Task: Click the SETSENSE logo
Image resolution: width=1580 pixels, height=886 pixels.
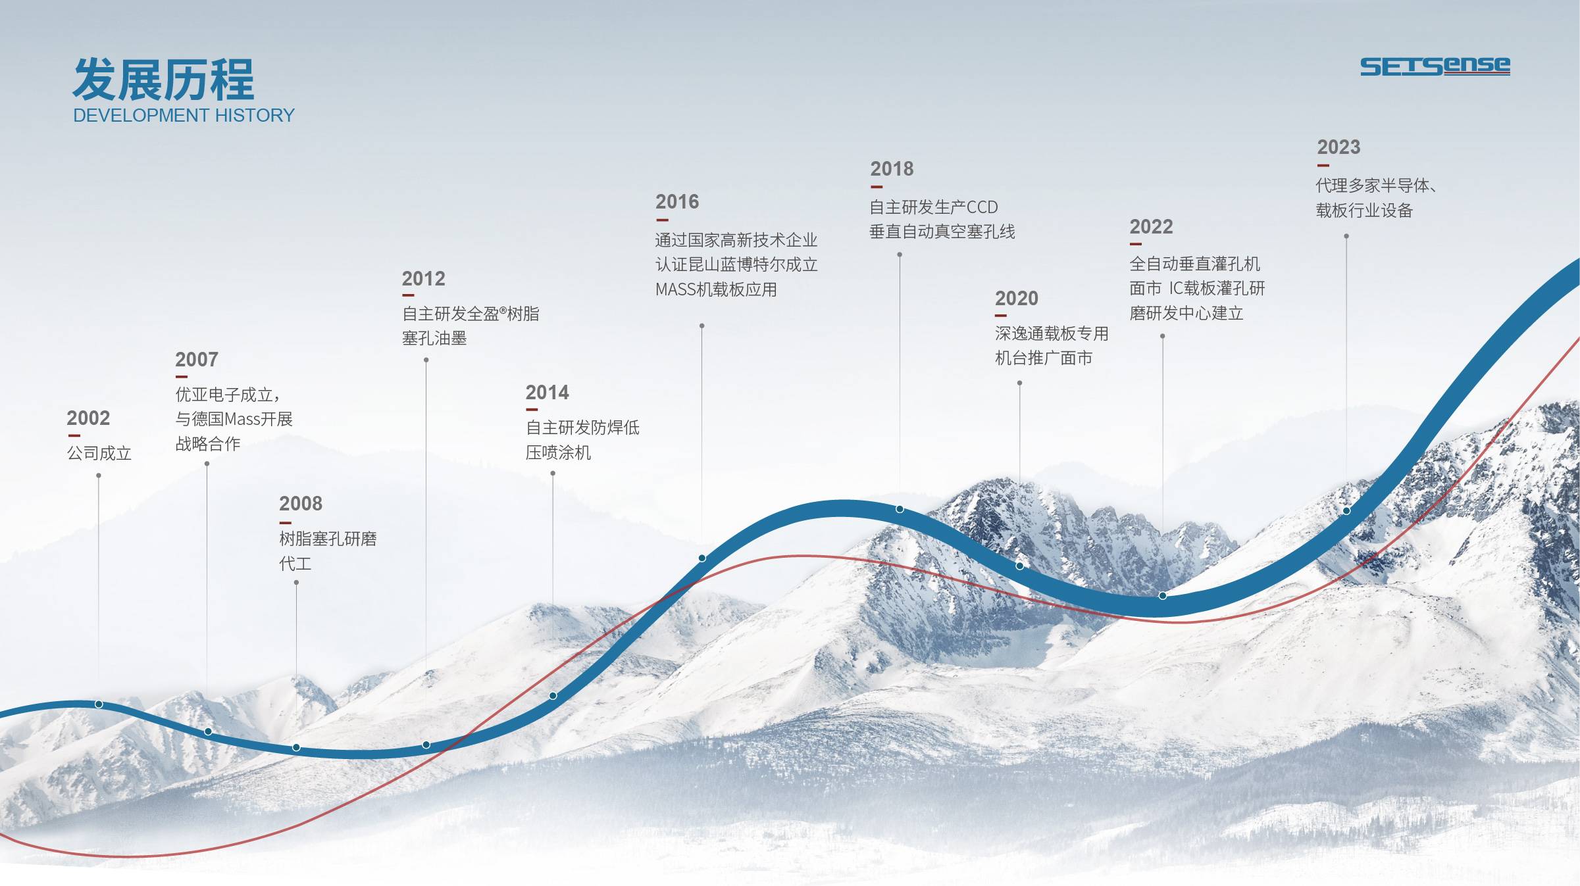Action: coord(1435,66)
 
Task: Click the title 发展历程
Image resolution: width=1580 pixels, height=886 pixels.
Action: coord(163,80)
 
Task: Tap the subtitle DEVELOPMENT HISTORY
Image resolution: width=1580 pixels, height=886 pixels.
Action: coord(184,116)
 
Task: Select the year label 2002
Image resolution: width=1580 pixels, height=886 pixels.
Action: coord(88,418)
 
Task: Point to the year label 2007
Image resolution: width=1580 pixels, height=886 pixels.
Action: coord(196,360)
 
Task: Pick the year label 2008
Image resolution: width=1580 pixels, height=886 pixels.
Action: coord(301,504)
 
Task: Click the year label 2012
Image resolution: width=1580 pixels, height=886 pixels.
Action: coord(423,279)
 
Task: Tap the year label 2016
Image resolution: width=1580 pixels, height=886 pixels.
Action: coord(677,202)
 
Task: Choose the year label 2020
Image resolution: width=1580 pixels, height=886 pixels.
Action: coord(1017,299)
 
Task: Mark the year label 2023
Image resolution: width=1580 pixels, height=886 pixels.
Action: coord(1338,147)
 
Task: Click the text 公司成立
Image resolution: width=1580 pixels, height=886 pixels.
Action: coord(99,453)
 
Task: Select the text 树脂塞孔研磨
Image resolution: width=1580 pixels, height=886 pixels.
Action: coord(328,539)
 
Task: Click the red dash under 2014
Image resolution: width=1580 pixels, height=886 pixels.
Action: coord(532,410)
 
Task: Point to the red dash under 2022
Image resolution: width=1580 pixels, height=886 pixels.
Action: coord(1136,244)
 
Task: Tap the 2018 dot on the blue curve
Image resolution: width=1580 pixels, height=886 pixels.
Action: coord(900,509)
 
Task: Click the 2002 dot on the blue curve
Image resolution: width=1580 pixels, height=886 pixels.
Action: coord(99,704)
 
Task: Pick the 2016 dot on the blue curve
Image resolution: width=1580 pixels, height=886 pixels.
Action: coord(702,558)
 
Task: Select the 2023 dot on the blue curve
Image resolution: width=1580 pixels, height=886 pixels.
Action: coord(1346,511)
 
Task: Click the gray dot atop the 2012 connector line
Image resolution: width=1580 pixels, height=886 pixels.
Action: coord(426,360)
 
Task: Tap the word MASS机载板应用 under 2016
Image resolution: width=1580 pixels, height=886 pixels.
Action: coord(716,289)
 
